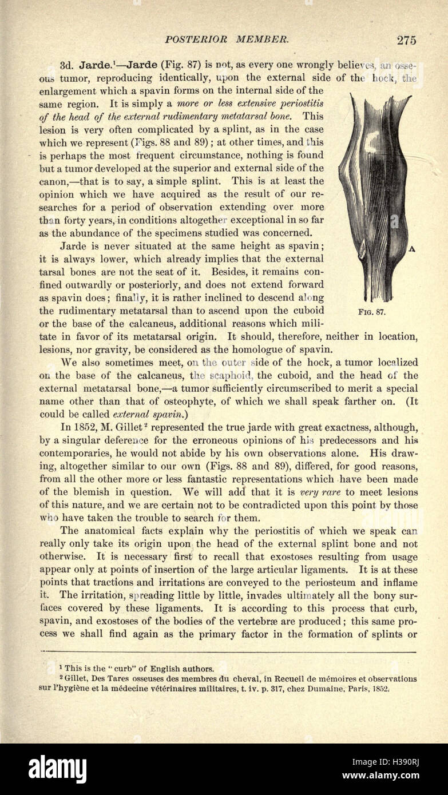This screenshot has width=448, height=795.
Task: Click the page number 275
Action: point(406,39)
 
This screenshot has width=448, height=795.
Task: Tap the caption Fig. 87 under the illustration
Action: point(372,312)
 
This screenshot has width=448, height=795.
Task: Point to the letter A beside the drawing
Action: point(411,249)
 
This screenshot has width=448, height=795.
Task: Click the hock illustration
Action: point(375,194)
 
